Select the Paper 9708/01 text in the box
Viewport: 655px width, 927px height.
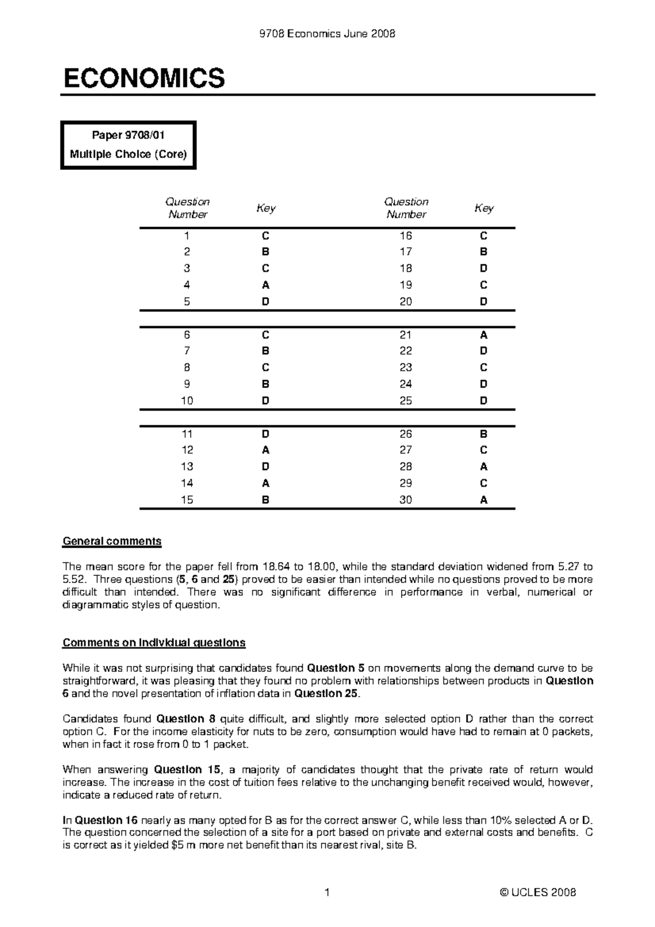(x=129, y=134)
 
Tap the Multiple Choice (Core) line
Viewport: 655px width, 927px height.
(x=128, y=154)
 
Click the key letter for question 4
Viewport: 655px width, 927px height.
(x=265, y=285)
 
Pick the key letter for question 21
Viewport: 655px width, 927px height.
(x=484, y=335)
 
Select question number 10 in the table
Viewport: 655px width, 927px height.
(x=187, y=401)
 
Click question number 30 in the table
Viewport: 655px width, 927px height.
(x=406, y=500)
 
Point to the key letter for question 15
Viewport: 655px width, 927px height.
(x=265, y=500)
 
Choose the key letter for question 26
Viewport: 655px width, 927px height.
(x=484, y=434)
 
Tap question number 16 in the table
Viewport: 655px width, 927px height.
(x=406, y=236)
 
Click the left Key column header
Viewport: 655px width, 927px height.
(x=266, y=208)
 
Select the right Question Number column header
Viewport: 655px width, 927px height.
(x=406, y=208)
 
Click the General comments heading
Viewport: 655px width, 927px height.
(x=112, y=541)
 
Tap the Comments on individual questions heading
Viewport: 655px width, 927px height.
(x=154, y=643)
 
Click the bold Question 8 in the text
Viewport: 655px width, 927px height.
(x=188, y=719)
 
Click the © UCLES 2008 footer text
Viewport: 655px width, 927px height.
(x=538, y=893)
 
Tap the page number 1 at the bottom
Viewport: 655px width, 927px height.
(x=327, y=893)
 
